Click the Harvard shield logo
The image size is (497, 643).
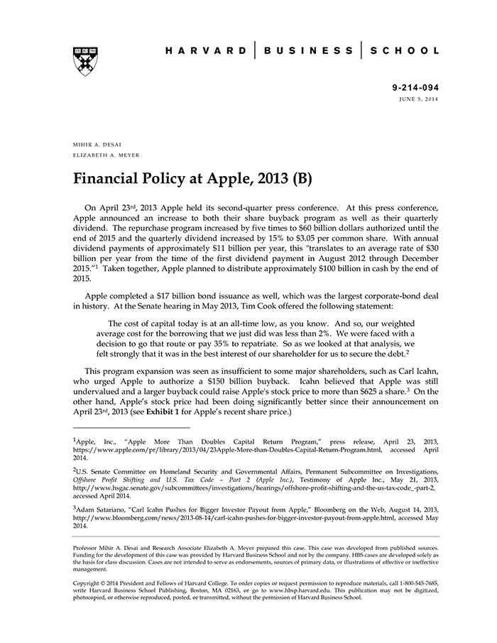84,62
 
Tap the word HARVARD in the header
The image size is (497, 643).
206,50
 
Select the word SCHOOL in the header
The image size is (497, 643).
405,50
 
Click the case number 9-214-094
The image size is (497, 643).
415,88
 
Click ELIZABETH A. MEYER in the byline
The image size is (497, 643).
105,155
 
